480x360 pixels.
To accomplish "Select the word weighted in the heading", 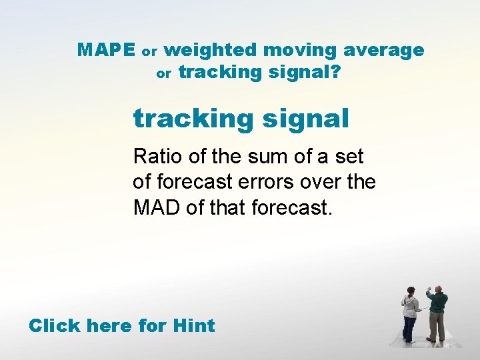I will [210, 51].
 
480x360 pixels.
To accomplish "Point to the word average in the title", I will [385, 51].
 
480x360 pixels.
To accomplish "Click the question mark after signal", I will [334, 72].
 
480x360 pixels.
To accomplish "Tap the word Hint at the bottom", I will [193, 326].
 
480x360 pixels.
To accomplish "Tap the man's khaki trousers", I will [437, 327].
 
